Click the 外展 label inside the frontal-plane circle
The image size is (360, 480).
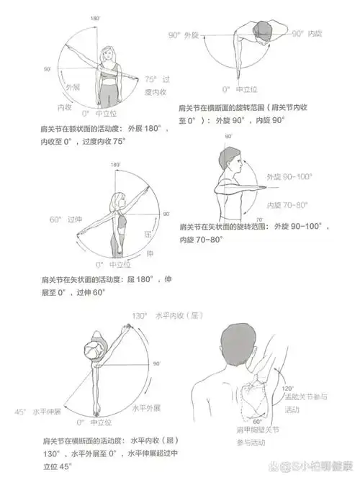coord(72,88)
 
